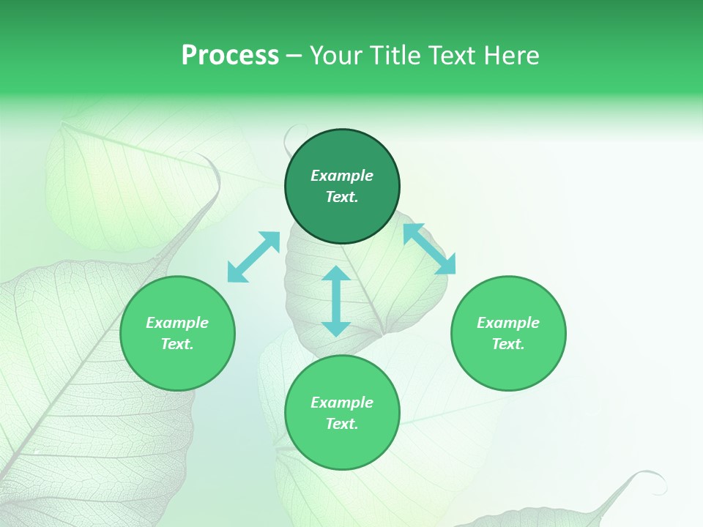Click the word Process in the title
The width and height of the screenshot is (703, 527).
[x=230, y=56]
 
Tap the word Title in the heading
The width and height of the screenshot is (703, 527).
[x=398, y=56]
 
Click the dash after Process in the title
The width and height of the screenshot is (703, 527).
[x=294, y=56]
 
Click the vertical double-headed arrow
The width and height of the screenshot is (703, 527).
[x=336, y=301]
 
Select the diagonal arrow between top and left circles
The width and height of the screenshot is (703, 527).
[x=253, y=256]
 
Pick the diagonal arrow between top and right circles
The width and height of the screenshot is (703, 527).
[x=429, y=249]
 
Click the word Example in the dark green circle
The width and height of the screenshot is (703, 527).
[x=342, y=176]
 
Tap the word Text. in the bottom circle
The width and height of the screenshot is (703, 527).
[x=342, y=424]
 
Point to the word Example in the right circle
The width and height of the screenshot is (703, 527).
[x=508, y=323]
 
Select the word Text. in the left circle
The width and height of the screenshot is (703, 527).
[x=177, y=344]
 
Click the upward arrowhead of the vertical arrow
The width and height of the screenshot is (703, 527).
[x=336, y=274]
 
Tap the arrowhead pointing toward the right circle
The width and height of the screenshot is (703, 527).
[x=446, y=265]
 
